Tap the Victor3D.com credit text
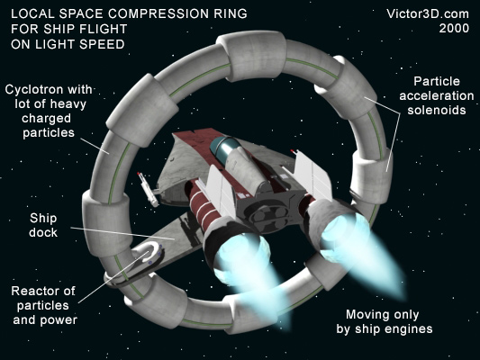(428, 14)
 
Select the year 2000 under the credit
(454, 29)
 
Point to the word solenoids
(437, 110)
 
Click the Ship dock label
(43, 225)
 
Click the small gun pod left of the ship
(148, 189)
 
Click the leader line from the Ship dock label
(123, 233)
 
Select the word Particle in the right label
(437, 81)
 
